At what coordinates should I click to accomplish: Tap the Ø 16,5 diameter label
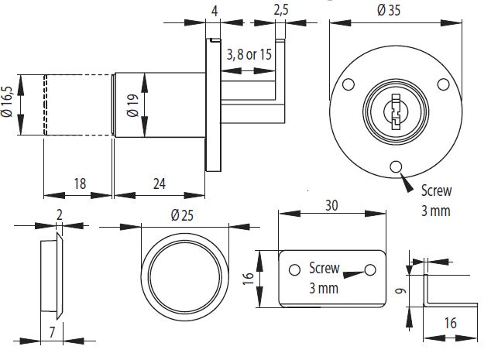[9, 105]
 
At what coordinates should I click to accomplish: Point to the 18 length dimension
[79, 183]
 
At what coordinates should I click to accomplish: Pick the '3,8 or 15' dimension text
[249, 55]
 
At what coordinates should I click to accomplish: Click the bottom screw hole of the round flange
[397, 165]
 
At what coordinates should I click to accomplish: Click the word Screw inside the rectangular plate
[324, 269]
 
